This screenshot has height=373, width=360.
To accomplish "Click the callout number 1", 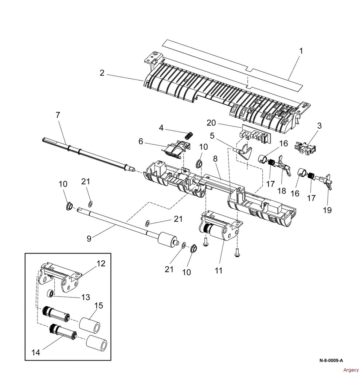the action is pyautogui.click(x=301, y=51).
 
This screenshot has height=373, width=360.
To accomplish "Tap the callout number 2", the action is pyautogui.click(x=102, y=73).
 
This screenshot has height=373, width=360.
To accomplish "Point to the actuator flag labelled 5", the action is pyautogui.click(x=244, y=152).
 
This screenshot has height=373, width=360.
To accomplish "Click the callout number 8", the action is pyautogui.click(x=215, y=159).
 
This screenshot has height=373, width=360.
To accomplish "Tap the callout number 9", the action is pyautogui.click(x=89, y=238).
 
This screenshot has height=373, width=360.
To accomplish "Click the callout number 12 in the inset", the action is pyautogui.click(x=101, y=263).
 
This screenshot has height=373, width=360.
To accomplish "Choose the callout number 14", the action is pyautogui.click(x=36, y=352).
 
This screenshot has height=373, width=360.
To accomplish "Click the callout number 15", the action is pyautogui.click(x=98, y=305).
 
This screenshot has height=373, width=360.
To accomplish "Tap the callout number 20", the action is pyautogui.click(x=211, y=123).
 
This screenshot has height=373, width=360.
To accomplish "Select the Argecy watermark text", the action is pyautogui.click(x=351, y=370).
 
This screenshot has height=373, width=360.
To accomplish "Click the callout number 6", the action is pyautogui.click(x=141, y=141).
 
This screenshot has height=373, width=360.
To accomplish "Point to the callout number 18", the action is pyautogui.click(x=282, y=191).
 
